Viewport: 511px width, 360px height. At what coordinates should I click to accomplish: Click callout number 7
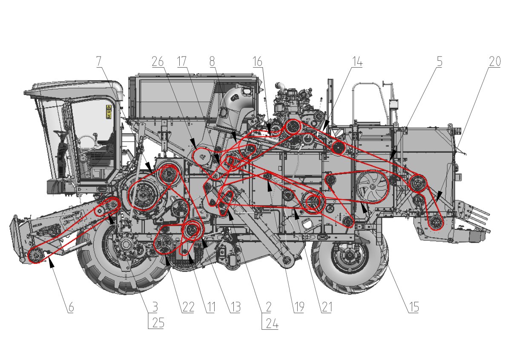(x=98, y=61)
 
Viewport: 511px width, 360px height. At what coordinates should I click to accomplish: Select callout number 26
(x=158, y=61)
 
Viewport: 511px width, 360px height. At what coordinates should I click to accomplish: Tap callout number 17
(x=182, y=61)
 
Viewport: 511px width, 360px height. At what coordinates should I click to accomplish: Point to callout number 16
(x=258, y=61)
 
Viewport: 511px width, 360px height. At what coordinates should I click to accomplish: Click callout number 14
(x=357, y=61)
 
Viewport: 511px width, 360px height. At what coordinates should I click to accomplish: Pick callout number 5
(x=439, y=61)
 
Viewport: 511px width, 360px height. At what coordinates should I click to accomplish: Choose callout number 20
(x=495, y=61)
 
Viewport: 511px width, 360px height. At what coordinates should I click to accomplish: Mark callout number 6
(x=71, y=307)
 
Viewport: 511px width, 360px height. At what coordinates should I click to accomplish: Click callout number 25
(x=158, y=323)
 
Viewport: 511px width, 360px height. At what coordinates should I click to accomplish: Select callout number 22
(x=188, y=307)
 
